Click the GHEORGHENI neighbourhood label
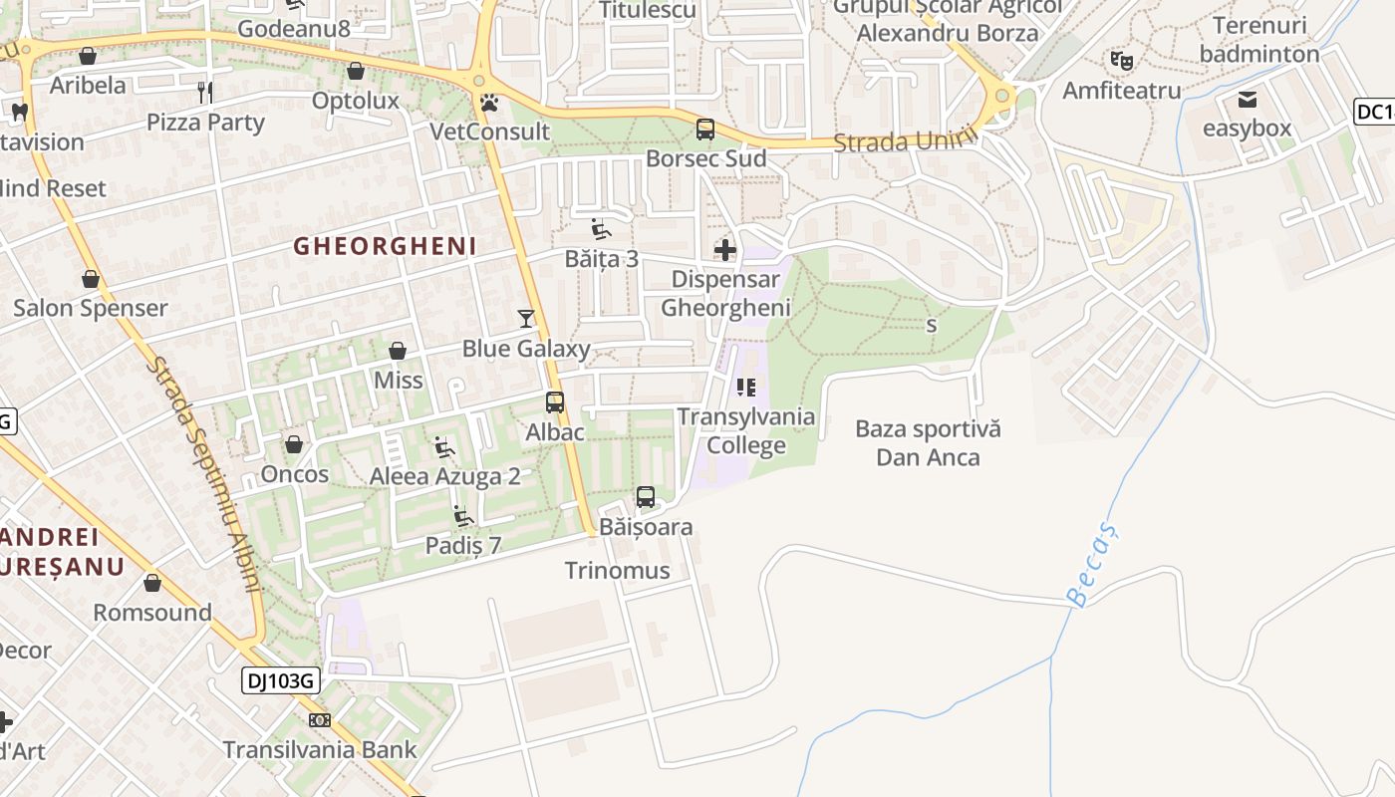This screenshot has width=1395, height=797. tap(385, 246)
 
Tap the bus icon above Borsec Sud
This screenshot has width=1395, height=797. tap(705, 129)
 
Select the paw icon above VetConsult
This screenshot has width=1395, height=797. tap(489, 103)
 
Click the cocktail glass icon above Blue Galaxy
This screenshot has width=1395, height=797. tap(526, 319)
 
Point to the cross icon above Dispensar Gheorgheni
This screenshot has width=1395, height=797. tap(725, 250)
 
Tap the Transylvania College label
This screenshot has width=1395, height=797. tap(746, 430)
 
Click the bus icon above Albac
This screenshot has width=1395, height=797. tap(555, 402)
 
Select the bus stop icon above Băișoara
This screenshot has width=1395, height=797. tap(646, 496)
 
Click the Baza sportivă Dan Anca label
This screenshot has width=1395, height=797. tap(928, 443)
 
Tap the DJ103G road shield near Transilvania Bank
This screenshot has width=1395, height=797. tap(281, 681)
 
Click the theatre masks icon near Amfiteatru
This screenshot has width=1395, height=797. tap(1122, 61)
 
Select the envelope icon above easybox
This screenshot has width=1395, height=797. tap(1247, 100)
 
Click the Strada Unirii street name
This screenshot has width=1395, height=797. tap(901, 141)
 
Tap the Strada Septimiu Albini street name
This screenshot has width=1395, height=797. tap(205, 474)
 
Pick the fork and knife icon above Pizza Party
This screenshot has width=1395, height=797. tap(205, 93)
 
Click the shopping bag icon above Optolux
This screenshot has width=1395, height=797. tap(356, 71)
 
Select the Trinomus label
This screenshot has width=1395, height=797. tap(617, 571)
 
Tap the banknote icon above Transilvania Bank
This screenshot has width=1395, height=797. tap(319, 720)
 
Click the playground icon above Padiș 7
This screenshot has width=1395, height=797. tap(463, 516)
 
